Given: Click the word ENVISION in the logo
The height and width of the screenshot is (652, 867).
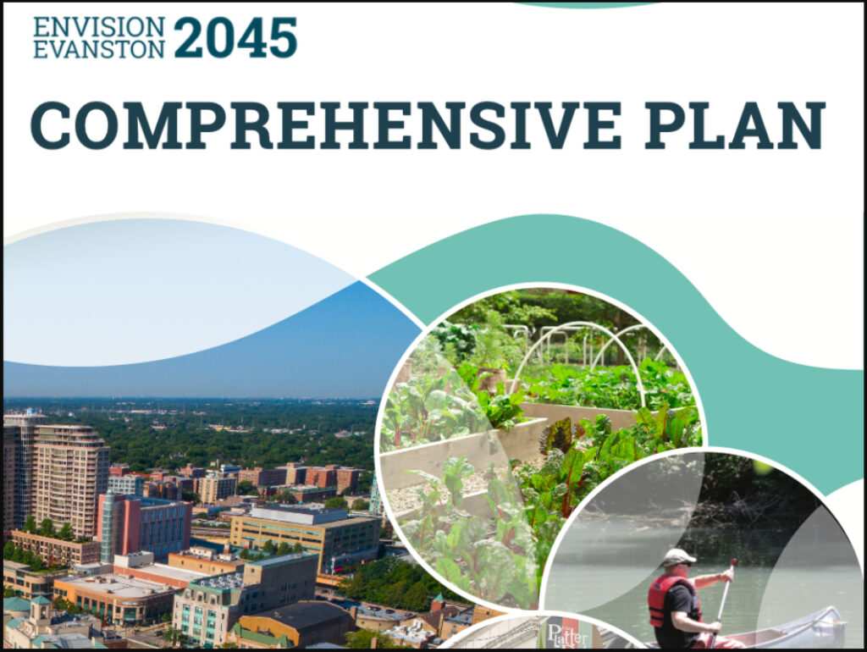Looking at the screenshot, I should tap(98, 25).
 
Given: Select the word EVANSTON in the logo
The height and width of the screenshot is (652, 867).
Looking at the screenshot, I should tap(98, 48).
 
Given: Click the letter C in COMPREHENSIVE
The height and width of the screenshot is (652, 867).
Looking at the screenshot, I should tap(51, 125).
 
